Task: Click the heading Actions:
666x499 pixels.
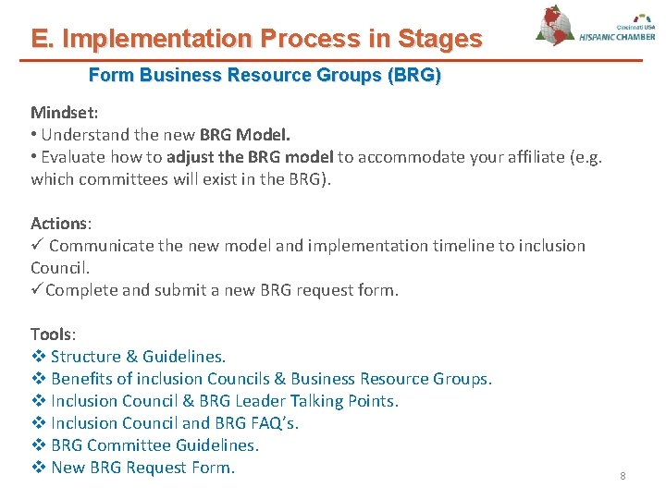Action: point(61,224)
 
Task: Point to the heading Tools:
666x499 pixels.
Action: point(53,335)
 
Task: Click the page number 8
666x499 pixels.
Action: point(623,476)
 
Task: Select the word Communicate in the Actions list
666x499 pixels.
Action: point(104,246)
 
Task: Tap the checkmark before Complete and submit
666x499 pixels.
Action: point(36,290)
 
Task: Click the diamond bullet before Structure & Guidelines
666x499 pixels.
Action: point(38,357)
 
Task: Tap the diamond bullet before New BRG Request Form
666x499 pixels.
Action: point(38,468)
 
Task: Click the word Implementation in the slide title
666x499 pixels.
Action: point(156,39)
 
